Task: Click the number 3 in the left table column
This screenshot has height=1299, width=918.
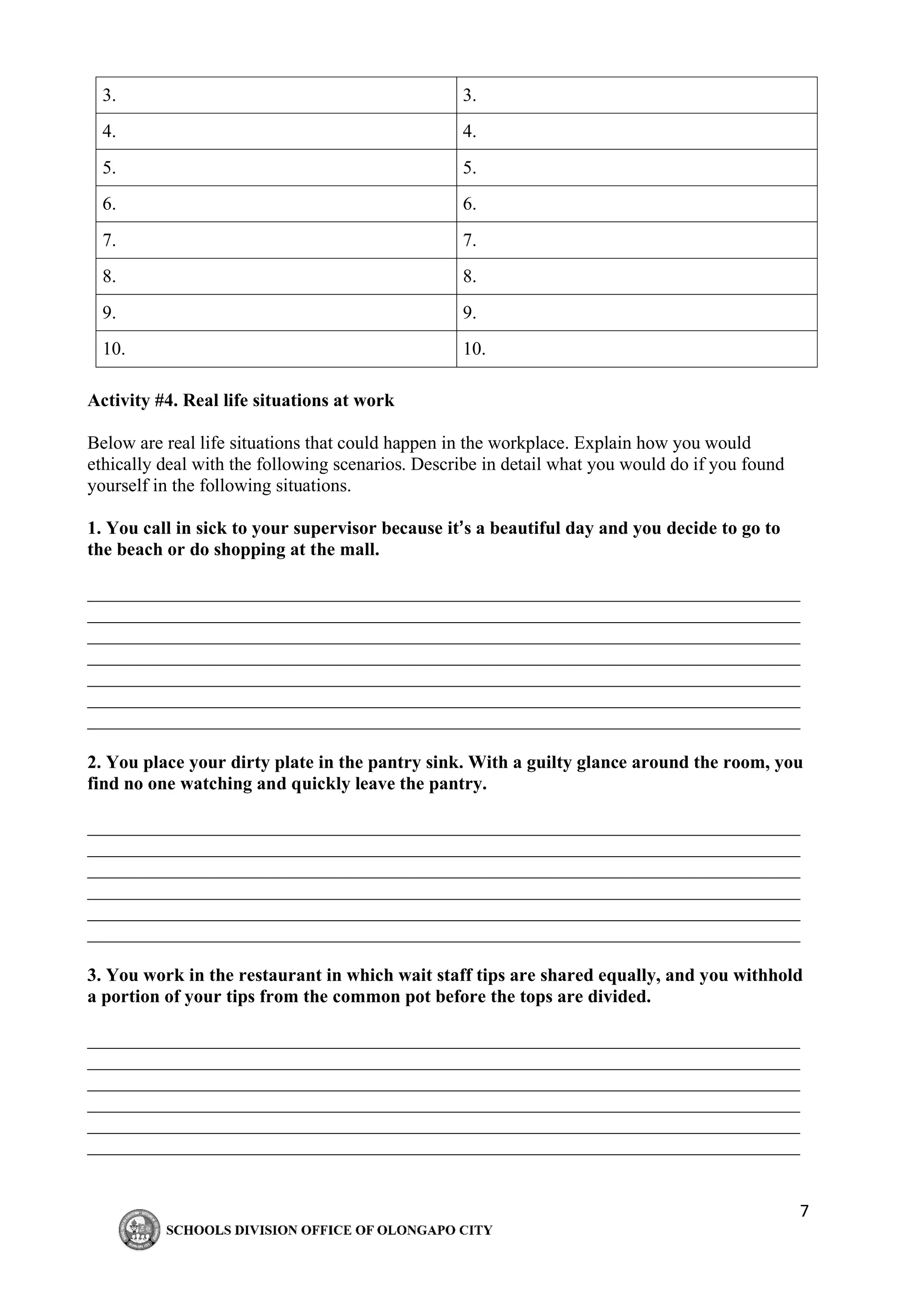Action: click(x=108, y=95)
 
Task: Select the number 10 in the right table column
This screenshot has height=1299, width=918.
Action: click(x=473, y=349)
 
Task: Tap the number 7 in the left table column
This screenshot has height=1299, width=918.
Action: click(x=108, y=240)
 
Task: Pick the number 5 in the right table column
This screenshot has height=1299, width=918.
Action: click(x=469, y=168)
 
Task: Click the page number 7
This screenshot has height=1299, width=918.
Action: click(x=804, y=1211)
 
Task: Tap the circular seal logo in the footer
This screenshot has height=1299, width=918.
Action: click(x=139, y=1230)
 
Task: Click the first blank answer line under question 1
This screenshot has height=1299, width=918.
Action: click(x=443, y=601)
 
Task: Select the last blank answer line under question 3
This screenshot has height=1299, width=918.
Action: click(x=443, y=1154)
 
